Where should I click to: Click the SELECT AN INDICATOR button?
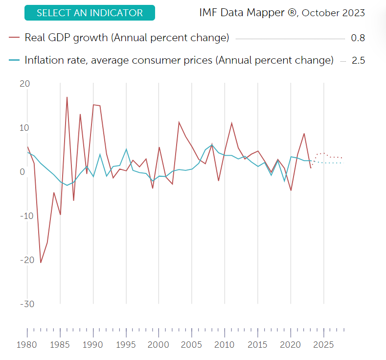click(x=90, y=13)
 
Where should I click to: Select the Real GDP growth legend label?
click(x=127, y=38)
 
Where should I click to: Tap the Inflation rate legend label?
click(x=179, y=60)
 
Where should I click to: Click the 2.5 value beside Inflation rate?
click(x=358, y=61)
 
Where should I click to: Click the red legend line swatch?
click(x=14, y=38)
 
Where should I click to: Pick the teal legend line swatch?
click(x=14, y=60)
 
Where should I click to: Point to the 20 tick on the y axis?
click(x=24, y=84)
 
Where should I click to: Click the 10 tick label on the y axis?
click(x=24, y=128)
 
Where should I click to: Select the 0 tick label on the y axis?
click(x=23, y=172)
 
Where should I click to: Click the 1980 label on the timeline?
click(x=27, y=344)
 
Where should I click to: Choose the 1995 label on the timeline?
click(x=126, y=344)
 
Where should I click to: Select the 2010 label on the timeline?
click(x=225, y=344)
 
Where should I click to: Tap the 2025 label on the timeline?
click(x=323, y=344)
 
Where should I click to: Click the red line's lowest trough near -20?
click(x=41, y=263)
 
